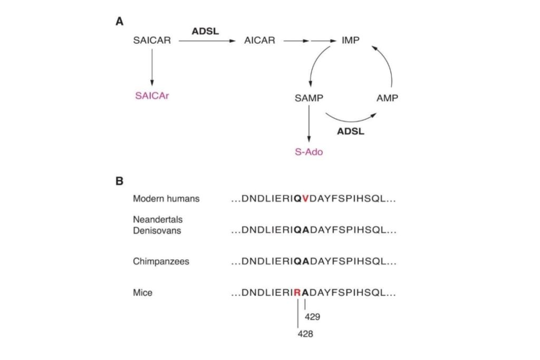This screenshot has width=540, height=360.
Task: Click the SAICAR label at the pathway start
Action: [x=152, y=40]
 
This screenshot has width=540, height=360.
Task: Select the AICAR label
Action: [x=259, y=40]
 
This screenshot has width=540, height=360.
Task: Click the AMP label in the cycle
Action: [x=388, y=98]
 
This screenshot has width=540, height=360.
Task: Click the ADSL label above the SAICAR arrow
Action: [x=205, y=31]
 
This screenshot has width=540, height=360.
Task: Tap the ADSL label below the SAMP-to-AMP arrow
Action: [x=351, y=131]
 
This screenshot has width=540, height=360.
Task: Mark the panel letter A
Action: [x=120, y=22]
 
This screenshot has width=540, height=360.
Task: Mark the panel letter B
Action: [x=120, y=181]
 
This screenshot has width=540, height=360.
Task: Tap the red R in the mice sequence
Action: [x=297, y=293]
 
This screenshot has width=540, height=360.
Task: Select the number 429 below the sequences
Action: [x=312, y=317]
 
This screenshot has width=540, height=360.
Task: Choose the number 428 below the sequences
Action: [x=305, y=334]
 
